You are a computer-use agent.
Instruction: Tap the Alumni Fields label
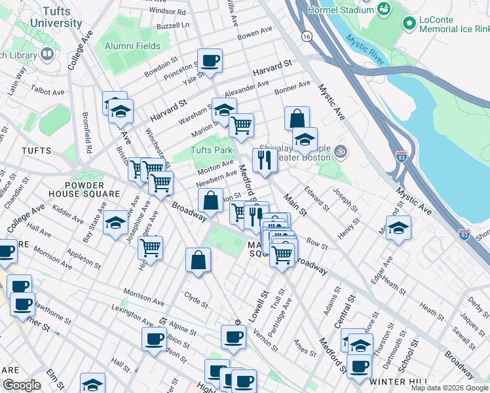point(132,47)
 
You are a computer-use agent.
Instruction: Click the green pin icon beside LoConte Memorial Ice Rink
point(409,24)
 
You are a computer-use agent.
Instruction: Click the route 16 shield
point(306,36)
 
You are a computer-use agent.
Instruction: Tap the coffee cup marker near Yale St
point(210,61)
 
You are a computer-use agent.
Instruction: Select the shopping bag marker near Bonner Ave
point(297,119)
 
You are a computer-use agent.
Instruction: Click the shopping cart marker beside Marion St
point(241,124)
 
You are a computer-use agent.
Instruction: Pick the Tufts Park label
point(211,151)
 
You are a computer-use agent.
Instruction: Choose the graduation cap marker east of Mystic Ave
point(398,228)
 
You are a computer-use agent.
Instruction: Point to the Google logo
point(22,385)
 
